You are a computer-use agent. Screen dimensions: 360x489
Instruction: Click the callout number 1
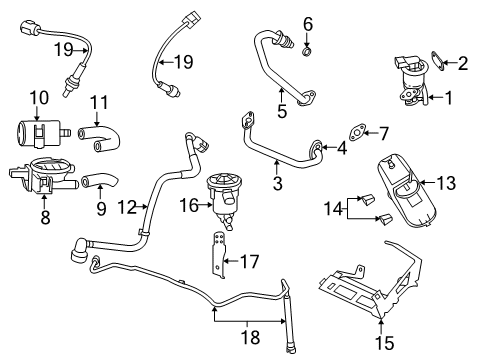[449, 99]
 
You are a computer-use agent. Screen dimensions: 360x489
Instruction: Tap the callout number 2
[462, 64]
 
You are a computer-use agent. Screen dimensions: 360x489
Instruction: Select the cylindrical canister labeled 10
[38, 130]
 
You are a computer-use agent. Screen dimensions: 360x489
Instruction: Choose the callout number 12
[123, 208]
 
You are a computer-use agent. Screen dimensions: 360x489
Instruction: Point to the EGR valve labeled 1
[409, 78]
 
